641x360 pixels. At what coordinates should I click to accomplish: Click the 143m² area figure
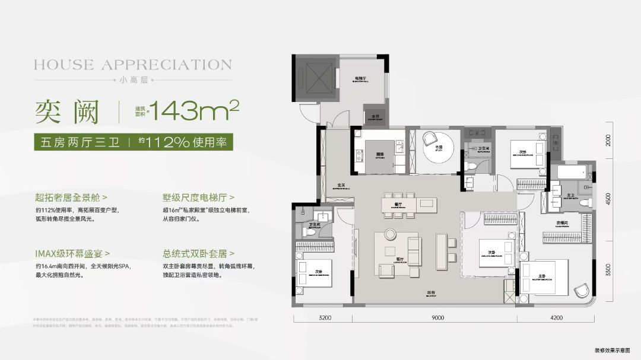[x=193, y=109]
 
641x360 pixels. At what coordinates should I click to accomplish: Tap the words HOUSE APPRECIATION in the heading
[x=132, y=64]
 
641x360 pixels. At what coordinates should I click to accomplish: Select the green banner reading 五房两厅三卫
[x=77, y=142]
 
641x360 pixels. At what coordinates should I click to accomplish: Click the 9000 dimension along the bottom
[x=437, y=318]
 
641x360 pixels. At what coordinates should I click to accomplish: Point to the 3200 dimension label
[x=325, y=318]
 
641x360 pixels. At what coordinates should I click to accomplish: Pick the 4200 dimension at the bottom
[x=556, y=318]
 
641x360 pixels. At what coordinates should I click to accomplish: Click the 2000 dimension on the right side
[x=607, y=141]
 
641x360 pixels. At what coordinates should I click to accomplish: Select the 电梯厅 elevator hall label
[x=360, y=79]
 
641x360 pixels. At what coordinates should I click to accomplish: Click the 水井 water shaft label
[x=375, y=117]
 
